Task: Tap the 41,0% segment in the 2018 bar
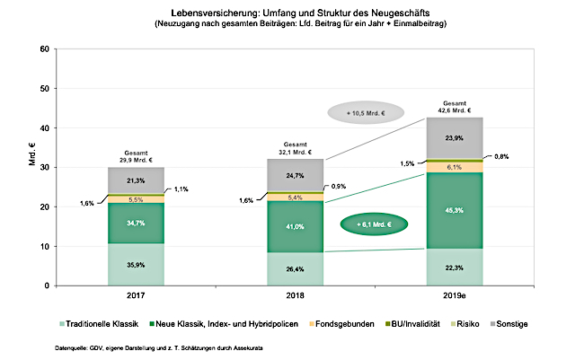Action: click(296, 227)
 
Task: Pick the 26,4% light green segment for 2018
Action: click(296, 268)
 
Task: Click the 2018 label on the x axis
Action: click(296, 296)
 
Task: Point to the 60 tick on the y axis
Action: click(44, 48)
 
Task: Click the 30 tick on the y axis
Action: click(44, 167)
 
